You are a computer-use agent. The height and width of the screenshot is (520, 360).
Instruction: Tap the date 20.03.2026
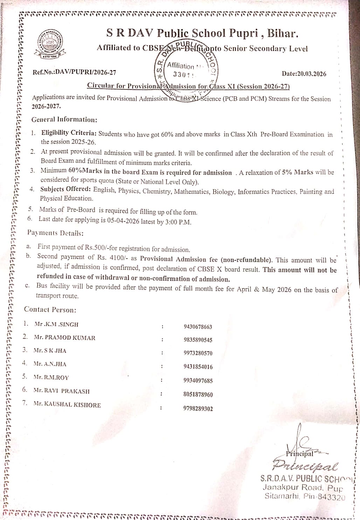tap(304, 74)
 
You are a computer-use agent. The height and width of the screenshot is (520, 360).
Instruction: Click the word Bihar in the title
tap(283, 34)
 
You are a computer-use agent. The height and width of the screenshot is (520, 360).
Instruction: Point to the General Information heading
tap(64, 119)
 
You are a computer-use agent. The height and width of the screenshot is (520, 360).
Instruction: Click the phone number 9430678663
tap(198, 327)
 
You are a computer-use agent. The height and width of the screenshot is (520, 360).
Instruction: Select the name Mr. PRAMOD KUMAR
tap(65, 338)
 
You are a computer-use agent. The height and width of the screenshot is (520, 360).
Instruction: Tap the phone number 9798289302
tap(198, 409)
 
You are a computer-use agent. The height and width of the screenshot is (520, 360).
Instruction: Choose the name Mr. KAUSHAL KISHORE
tap(67, 404)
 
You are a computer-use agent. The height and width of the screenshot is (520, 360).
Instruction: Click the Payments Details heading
tap(55, 233)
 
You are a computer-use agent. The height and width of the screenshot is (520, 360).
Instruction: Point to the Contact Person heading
tap(50, 310)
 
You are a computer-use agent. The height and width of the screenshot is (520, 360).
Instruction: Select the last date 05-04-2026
tap(123, 221)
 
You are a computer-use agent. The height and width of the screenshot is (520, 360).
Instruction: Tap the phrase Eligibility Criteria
tap(69, 133)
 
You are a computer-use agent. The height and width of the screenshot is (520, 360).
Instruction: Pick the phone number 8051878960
tap(198, 395)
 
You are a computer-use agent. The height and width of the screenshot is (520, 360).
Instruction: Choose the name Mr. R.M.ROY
tap(51, 377)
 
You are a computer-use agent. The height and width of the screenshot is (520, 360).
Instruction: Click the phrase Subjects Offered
tap(65, 189)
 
